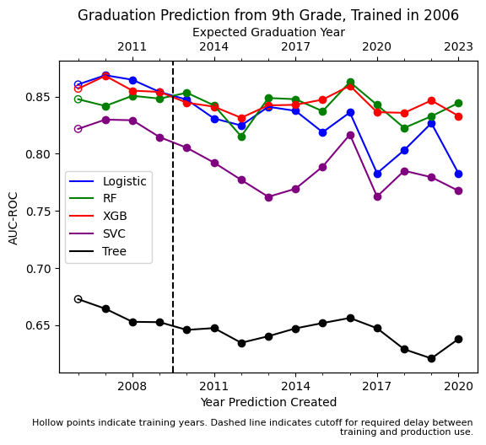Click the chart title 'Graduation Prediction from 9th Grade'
(x=268, y=15)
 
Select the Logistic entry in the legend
(x=124, y=181)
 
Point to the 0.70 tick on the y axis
(x=39, y=269)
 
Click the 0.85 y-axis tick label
(x=39, y=97)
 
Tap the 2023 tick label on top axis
(x=458, y=47)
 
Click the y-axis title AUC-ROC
(x=13, y=217)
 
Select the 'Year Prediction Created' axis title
(x=268, y=402)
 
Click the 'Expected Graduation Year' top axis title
(x=268, y=32)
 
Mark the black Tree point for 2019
(x=431, y=358)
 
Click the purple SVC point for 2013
(x=268, y=197)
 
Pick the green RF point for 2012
(x=241, y=137)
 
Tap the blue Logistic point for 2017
(x=377, y=174)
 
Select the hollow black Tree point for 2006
(x=78, y=299)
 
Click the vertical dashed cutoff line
(x=173, y=253)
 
